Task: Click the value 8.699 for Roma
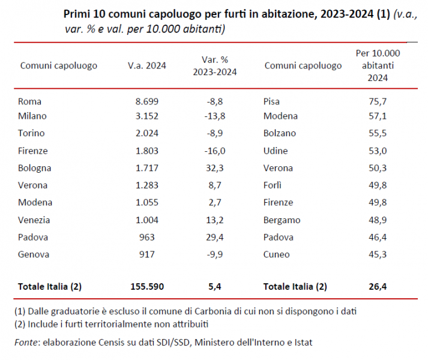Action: [147, 101]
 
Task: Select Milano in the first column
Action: [32, 116]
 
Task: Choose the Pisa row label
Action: [271, 101]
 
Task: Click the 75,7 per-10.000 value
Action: [378, 101]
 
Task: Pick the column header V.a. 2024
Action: [147, 65]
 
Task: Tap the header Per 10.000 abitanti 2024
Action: [378, 65]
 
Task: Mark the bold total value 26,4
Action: [378, 286]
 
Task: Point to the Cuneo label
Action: [276, 254]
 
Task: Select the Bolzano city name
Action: [280, 133]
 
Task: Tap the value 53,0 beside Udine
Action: [378, 151]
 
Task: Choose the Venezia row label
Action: [34, 220]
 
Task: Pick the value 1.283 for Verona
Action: [147, 185]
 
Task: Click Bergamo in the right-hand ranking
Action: [282, 220]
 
